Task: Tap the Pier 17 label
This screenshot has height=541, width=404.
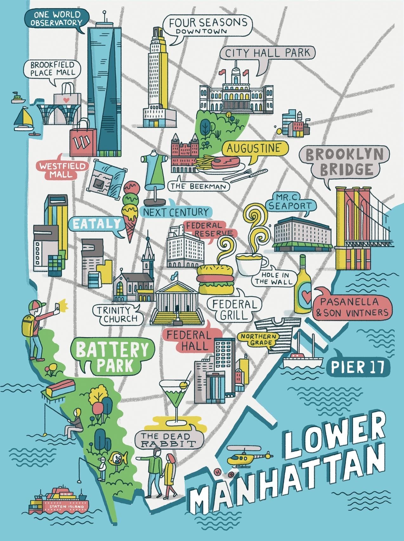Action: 357,367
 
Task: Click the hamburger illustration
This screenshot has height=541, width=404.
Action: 215,279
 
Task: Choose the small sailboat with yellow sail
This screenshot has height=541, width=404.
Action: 24,118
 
